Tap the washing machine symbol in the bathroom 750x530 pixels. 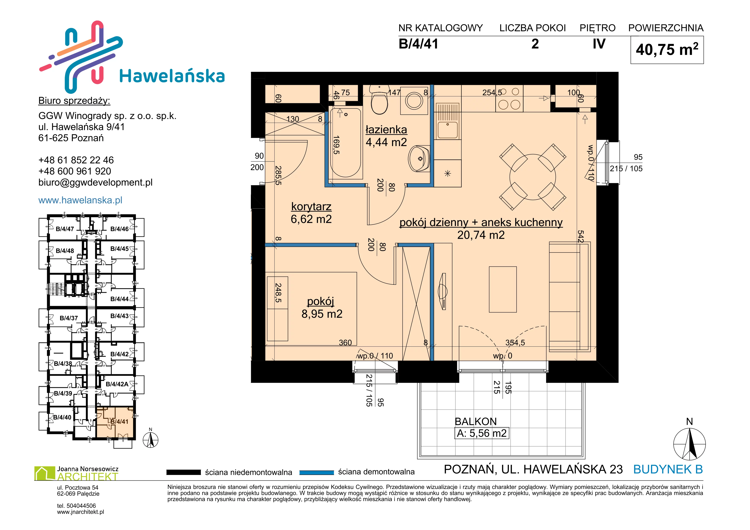(414, 100)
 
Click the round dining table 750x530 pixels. (533, 177)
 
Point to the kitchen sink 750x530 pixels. (448, 121)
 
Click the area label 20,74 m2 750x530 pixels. (481, 235)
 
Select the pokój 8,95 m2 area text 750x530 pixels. (322, 314)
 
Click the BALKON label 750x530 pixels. (476, 422)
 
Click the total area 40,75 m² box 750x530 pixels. (667, 50)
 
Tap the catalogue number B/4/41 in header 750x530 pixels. (419, 44)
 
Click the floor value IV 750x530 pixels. (599, 44)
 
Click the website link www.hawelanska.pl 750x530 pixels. (80, 200)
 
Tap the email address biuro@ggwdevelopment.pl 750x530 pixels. (95, 183)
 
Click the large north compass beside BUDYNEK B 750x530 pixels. (689, 444)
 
